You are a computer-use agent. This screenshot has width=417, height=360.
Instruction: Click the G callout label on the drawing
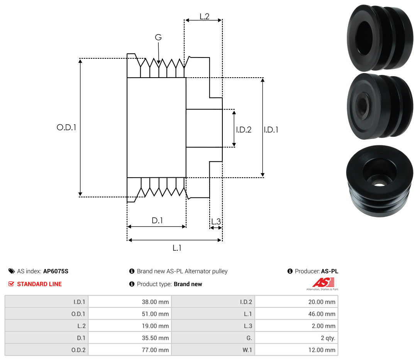point(158,37)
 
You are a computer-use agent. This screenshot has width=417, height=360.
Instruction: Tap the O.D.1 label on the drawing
point(66,127)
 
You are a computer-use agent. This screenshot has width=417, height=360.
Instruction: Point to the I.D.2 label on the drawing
point(244,129)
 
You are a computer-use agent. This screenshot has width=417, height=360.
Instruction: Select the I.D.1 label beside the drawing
point(271,129)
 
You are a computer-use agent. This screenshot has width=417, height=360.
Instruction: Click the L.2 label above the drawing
point(205,17)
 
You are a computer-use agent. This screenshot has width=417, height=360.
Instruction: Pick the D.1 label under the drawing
point(157,220)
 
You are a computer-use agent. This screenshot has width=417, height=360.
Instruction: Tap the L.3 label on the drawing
point(216,221)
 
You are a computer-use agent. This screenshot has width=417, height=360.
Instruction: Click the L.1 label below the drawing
point(177,248)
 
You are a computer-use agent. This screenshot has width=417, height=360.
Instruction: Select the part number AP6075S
point(56,271)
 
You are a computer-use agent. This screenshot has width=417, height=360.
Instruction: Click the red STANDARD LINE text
point(39,284)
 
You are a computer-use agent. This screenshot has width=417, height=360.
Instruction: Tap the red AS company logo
point(323,283)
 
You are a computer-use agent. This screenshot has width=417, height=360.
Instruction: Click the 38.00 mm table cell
point(130,302)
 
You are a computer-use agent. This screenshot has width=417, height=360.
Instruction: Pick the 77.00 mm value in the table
point(155,350)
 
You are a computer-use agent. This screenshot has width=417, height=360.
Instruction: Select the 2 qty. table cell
point(296,338)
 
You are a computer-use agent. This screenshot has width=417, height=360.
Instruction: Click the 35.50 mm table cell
point(130,338)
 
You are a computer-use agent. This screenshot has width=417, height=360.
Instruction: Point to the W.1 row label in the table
point(247,350)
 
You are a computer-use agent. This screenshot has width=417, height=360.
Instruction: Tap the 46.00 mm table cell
point(296,314)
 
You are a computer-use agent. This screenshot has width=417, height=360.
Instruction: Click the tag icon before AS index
point(12,271)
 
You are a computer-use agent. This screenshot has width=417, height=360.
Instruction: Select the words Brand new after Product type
point(188,284)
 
